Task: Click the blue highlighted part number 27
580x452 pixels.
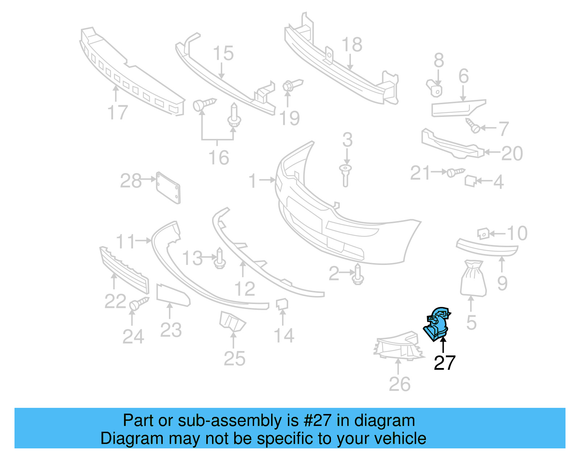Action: (x=438, y=324)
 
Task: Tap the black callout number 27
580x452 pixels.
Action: (x=444, y=363)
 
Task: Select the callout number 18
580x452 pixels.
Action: (x=352, y=45)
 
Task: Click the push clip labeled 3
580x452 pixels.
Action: (x=346, y=176)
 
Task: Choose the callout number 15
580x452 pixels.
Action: (x=223, y=53)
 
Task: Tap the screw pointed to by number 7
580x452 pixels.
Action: (x=473, y=126)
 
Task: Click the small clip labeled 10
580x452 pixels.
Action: (x=483, y=234)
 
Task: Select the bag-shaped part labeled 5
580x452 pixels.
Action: (x=473, y=278)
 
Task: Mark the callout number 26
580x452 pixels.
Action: (x=399, y=384)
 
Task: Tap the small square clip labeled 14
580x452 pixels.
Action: (x=282, y=304)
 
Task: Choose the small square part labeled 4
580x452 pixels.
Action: (x=470, y=181)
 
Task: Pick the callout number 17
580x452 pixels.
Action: (x=117, y=113)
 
